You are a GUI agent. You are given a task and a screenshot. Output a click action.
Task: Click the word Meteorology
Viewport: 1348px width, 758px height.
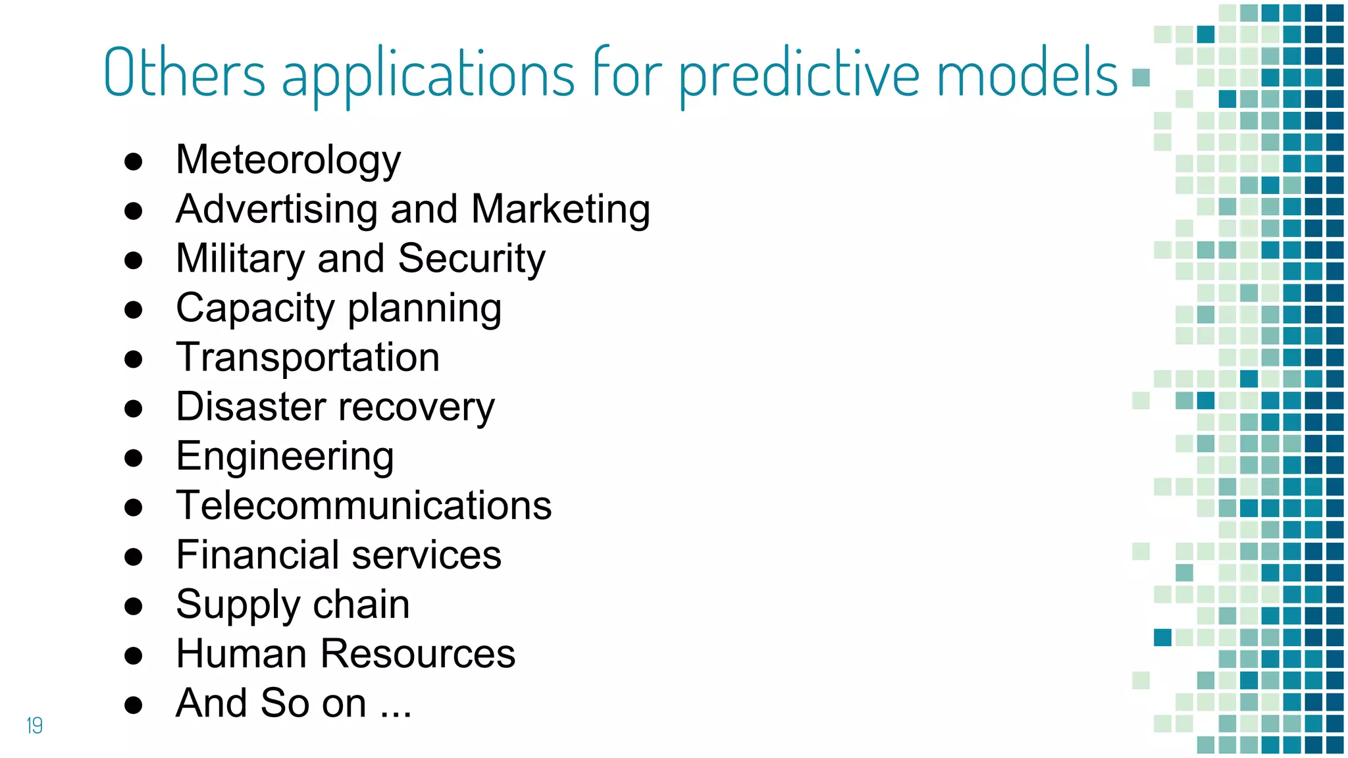(x=288, y=160)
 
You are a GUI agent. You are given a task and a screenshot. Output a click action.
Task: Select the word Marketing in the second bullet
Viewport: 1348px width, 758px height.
(x=560, y=209)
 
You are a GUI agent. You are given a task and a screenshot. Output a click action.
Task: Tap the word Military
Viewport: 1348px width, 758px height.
(x=240, y=258)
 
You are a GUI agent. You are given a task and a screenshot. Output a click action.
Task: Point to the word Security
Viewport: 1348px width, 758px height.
(x=471, y=258)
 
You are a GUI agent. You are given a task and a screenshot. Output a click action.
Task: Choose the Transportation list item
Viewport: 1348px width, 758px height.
(x=307, y=357)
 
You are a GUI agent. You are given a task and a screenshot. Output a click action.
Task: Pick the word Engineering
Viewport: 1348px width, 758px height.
(x=284, y=457)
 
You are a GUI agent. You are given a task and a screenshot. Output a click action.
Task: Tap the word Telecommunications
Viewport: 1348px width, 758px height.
(x=363, y=505)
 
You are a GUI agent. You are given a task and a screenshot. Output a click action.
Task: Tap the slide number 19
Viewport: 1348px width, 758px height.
(x=34, y=725)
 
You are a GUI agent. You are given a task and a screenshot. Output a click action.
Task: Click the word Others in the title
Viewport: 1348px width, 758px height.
(x=184, y=72)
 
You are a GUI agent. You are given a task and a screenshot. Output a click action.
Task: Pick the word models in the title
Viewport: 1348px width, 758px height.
(x=1027, y=72)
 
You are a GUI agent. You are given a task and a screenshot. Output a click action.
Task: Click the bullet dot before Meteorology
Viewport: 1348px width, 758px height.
(x=134, y=162)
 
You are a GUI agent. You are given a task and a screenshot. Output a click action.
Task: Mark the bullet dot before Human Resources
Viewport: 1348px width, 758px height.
(x=134, y=655)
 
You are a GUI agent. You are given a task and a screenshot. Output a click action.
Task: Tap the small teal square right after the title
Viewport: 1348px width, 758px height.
(x=1141, y=78)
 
